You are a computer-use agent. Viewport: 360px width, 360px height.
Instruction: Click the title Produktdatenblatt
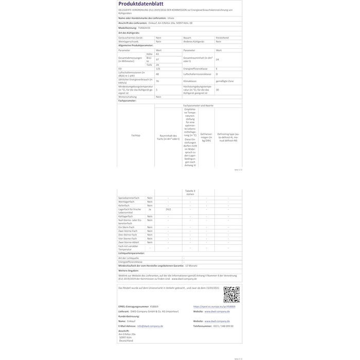coord(138,4)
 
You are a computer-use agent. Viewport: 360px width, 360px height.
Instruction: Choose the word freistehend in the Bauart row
coord(222,38)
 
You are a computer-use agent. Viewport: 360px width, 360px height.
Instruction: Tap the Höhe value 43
coord(157,54)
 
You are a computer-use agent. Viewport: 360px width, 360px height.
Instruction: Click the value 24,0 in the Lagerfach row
coord(168,210)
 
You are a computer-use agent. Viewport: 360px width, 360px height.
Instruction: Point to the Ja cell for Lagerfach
coord(150,210)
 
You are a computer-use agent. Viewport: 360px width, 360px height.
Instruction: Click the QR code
coord(231,295)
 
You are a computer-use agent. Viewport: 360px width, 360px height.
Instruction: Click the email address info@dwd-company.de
coord(150,326)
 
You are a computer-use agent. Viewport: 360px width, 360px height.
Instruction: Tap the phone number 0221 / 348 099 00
coord(220,326)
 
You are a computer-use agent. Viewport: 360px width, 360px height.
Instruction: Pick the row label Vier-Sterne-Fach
coord(127,239)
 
